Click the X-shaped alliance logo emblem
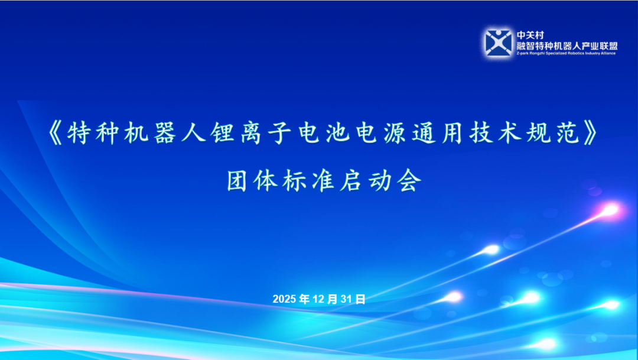click(x=498, y=43)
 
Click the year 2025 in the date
click(x=285, y=299)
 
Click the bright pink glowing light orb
click(x=608, y=210)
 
